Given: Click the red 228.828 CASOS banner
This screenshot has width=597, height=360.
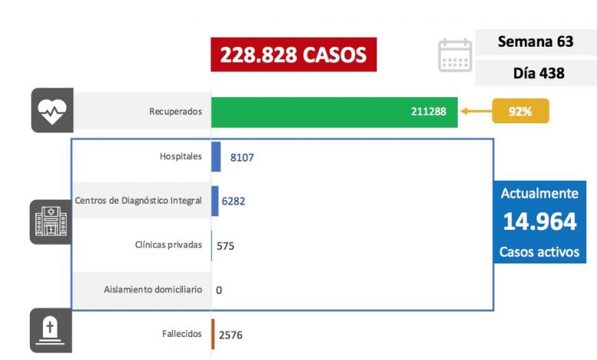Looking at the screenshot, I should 294,54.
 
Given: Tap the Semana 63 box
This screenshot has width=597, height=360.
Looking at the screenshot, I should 535,41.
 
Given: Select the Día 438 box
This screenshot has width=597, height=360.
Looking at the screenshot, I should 535,74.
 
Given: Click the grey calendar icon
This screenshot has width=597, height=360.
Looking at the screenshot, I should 455,55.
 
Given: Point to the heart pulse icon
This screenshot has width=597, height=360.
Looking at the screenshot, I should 51,111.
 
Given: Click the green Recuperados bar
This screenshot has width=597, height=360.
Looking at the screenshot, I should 334,112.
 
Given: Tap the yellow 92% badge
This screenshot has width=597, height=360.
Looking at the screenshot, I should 520,112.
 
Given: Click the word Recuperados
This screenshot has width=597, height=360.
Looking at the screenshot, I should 175,112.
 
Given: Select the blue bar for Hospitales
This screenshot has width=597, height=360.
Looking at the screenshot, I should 216,156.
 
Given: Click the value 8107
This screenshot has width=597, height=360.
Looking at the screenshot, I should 242,157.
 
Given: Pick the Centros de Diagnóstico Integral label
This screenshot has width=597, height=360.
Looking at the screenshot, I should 139,201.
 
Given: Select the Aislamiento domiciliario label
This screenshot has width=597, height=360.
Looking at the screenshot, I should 153,290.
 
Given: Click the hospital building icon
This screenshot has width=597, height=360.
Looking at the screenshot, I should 51,222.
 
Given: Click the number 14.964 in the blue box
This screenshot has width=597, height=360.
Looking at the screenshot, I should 540,221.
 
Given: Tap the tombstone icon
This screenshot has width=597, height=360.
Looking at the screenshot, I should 51,330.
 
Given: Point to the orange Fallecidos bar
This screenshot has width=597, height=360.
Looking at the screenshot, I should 213,334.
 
